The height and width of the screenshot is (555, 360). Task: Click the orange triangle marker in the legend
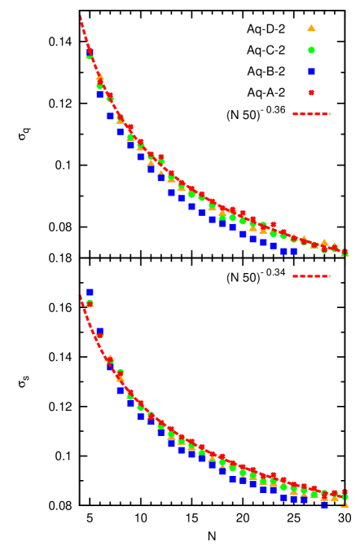point(311,28)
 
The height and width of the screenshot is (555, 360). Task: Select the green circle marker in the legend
point(311,50)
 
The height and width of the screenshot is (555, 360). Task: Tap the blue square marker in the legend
point(311,71)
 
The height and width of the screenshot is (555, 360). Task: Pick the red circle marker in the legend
point(311,93)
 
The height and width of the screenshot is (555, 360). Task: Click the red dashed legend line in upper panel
point(311,114)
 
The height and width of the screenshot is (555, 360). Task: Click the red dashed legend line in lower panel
point(311,276)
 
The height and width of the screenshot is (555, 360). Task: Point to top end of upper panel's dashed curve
point(80,16)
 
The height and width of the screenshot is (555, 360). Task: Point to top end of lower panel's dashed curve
point(81,296)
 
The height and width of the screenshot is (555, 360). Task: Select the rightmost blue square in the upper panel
point(293,251)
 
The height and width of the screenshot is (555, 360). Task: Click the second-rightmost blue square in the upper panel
point(283,251)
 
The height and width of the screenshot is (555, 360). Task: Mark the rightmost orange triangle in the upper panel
point(344,253)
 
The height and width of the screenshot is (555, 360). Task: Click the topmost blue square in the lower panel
point(90,292)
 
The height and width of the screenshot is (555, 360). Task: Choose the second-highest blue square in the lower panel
point(99,332)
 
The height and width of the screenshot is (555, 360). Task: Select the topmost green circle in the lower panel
point(90,303)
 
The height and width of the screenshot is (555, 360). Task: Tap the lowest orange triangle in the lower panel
point(344,504)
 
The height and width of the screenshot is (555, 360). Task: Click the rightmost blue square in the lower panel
point(324,504)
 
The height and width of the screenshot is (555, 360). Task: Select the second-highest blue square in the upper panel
point(99,94)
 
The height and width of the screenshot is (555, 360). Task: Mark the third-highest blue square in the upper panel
point(110,116)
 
